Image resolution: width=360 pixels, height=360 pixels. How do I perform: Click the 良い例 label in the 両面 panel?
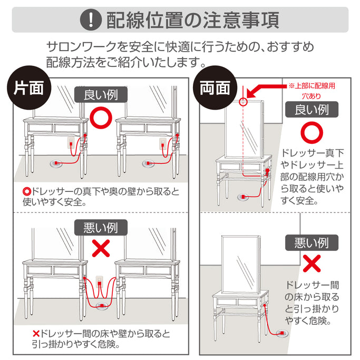click(x=311, y=109)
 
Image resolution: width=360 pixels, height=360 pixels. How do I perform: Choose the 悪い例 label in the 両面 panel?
click(x=311, y=242)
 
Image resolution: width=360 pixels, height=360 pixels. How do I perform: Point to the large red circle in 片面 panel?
click(x=100, y=117)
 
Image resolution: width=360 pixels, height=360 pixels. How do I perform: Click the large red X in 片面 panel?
click(x=100, y=248)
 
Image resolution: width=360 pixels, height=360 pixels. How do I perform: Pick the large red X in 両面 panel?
click(x=311, y=263)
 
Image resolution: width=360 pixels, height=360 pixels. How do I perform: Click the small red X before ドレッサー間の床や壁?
click(x=36, y=334)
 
